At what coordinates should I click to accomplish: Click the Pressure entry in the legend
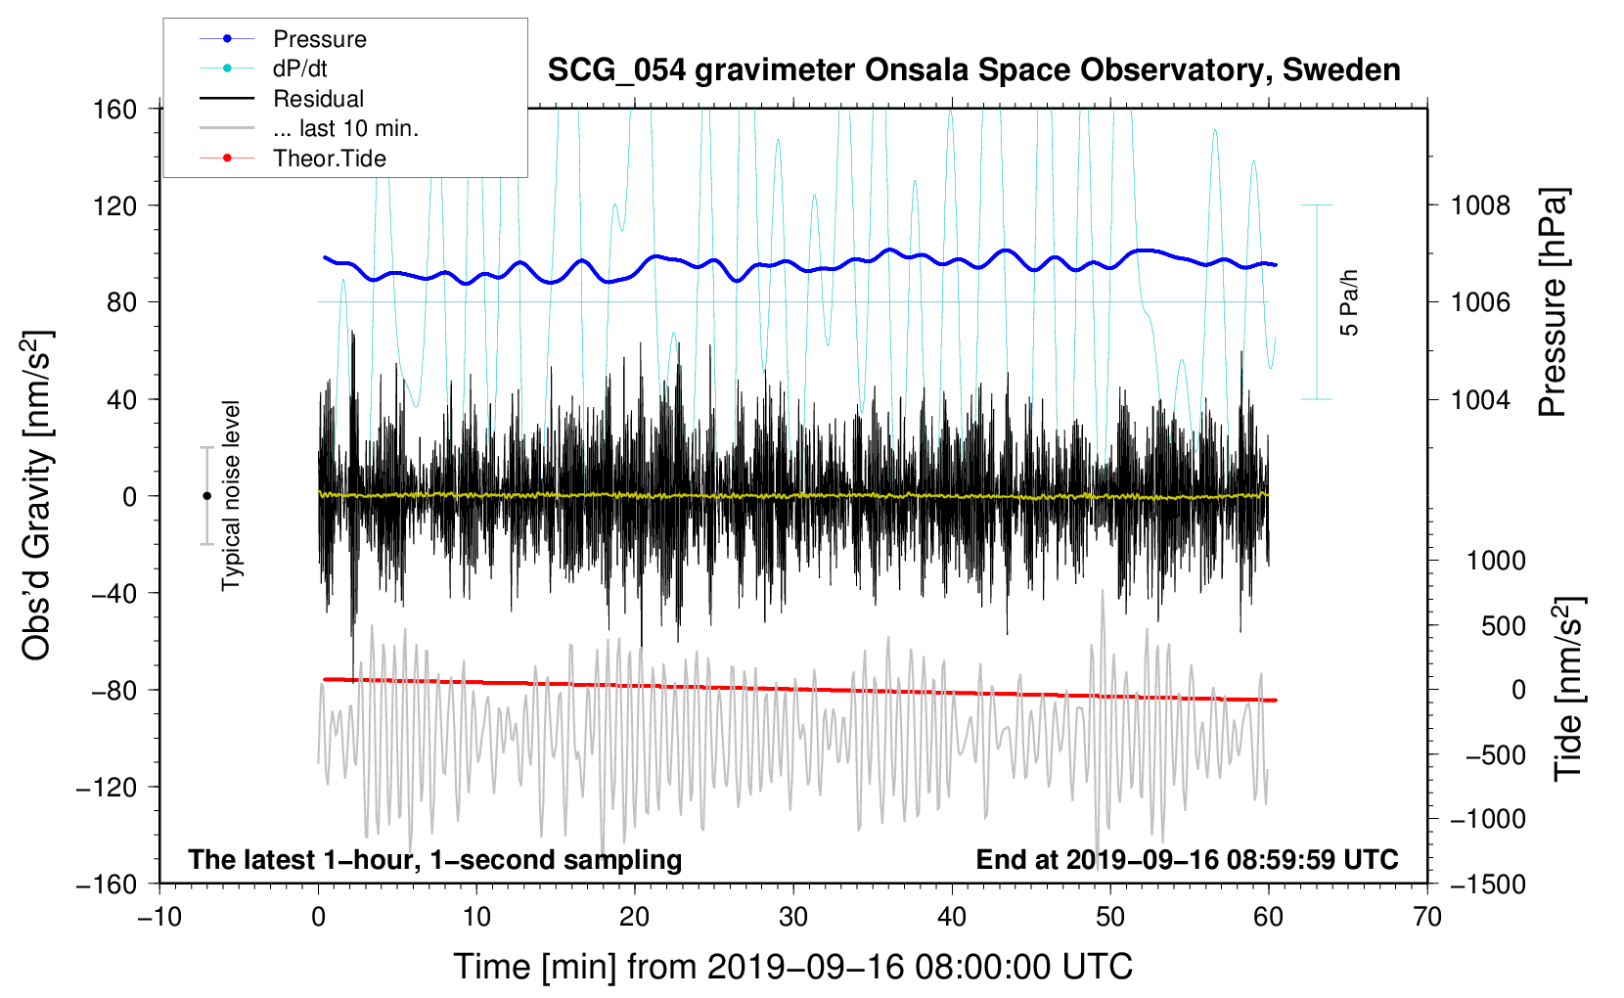click(320, 39)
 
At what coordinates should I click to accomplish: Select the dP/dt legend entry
click(299, 68)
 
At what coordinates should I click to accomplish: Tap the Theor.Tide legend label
click(329, 159)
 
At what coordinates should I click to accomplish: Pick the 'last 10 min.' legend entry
click(345, 128)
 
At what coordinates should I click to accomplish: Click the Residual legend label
click(318, 99)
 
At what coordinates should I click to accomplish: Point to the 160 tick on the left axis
click(115, 110)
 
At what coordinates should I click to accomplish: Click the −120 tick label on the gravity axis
click(107, 787)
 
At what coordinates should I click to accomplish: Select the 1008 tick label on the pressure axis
click(1480, 206)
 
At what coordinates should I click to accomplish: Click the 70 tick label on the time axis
click(1426, 918)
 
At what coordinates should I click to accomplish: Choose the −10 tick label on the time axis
click(159, 918)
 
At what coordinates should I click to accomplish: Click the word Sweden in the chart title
click(1341, 70)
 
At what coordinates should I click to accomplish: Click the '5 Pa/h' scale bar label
click(1348, 302)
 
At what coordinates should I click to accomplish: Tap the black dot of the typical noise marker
click(206, 496)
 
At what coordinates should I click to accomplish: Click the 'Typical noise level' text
click(230, 496)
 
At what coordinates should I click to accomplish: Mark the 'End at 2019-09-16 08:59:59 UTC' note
click(1187, 859)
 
